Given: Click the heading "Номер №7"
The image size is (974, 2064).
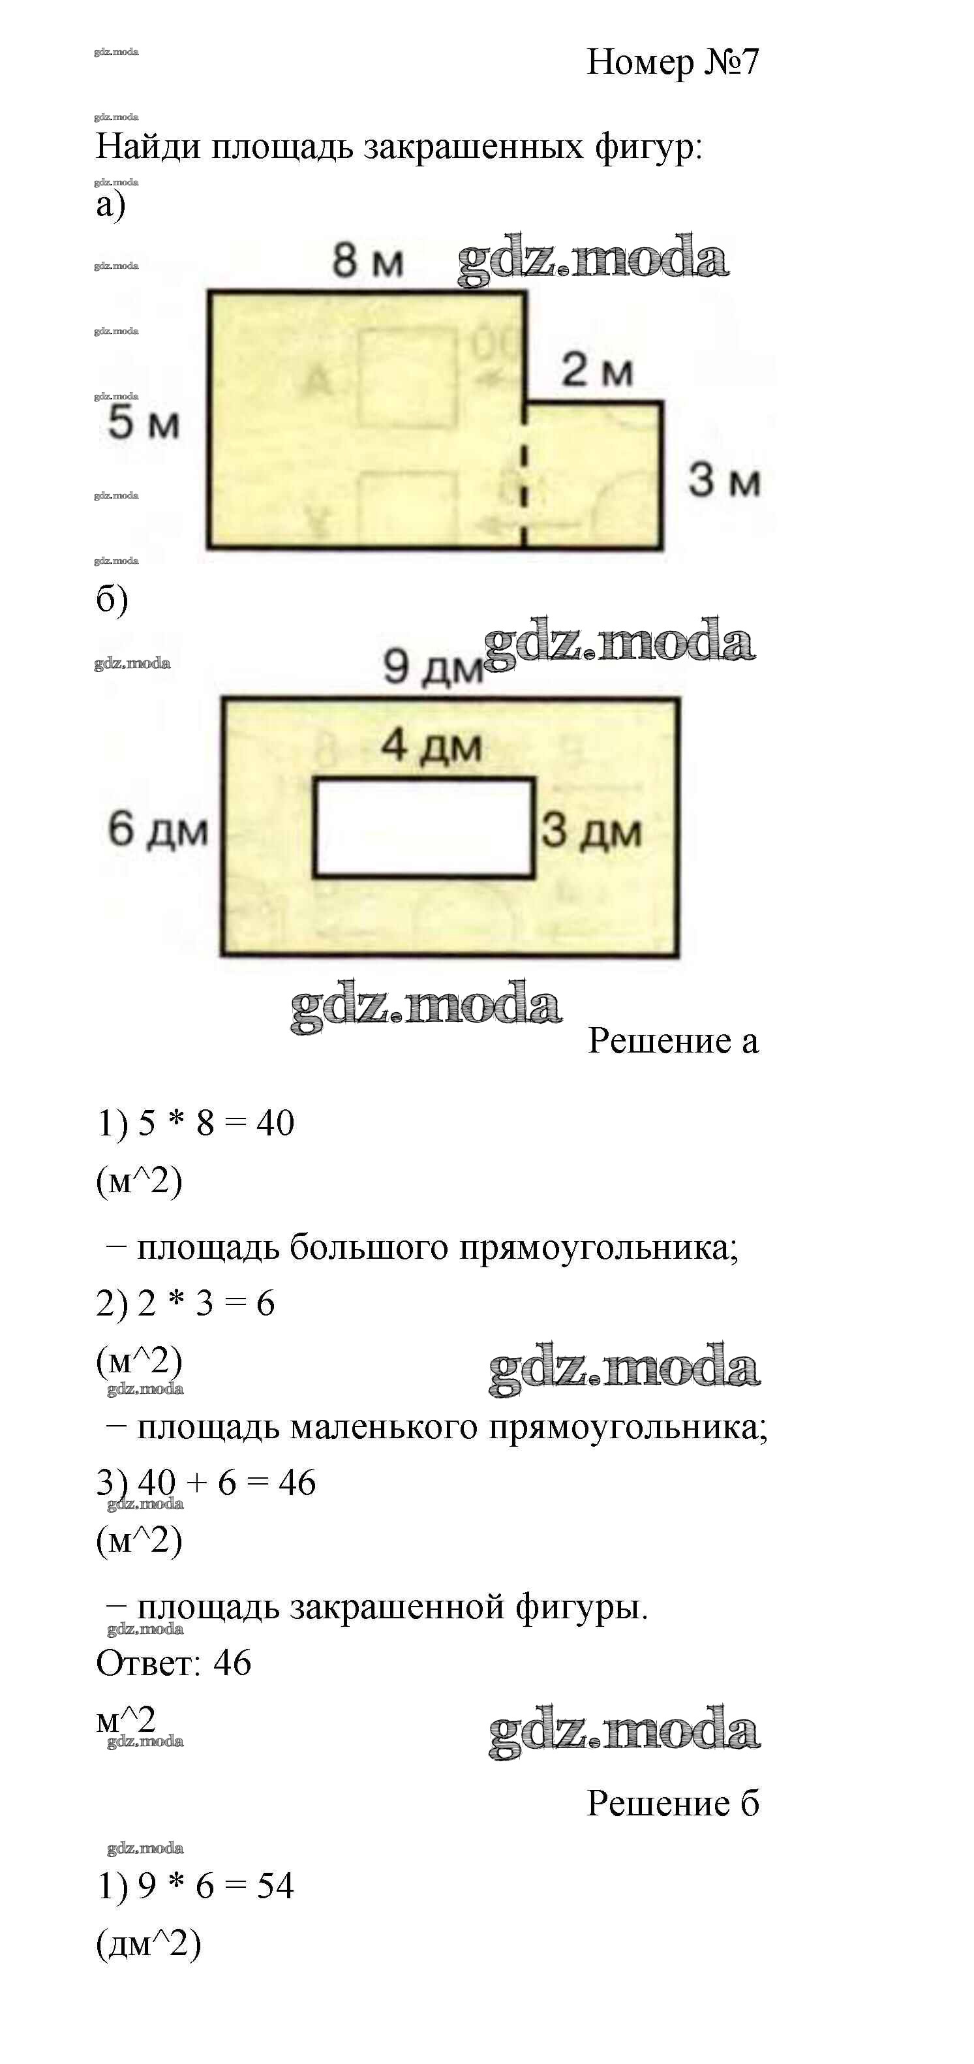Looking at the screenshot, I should [672, 63].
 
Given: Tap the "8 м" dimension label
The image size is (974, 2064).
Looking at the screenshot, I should [368, 260].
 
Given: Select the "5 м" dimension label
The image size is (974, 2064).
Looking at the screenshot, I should [144, 422].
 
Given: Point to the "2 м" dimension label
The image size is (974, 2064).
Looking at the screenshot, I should [597, 370].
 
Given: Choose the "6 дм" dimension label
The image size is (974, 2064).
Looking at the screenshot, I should [158, 829].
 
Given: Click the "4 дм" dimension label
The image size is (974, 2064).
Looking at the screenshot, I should [431, 746].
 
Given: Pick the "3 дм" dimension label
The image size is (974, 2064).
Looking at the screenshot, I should [591, 830].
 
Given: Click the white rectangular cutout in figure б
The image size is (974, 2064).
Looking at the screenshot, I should [423, 827].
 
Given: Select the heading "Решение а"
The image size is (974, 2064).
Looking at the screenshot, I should [672, 1041].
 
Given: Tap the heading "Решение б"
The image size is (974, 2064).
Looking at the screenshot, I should [672, 1804].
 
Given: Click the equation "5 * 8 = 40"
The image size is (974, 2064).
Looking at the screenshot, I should [217, 1122].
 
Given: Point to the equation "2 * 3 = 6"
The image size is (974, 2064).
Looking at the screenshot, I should [206, 1303].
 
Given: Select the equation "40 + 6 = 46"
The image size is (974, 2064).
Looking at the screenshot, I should [226, 1483].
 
